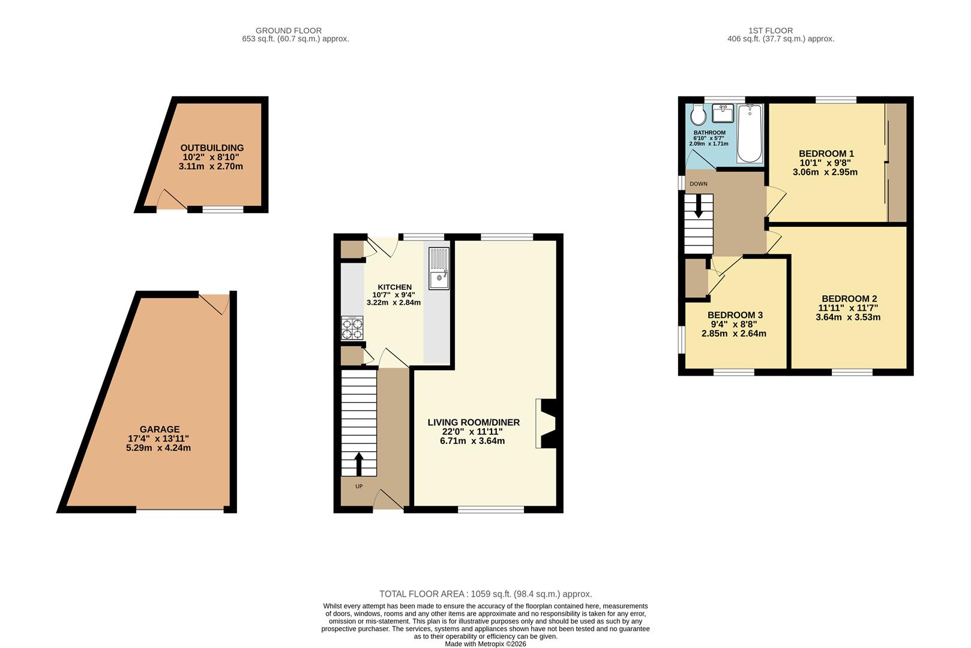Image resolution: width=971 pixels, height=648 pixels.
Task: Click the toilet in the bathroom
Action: coord(699,115)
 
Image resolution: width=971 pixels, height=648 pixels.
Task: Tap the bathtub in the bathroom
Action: coord(750,133)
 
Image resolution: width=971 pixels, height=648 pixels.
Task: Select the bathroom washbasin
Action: coord(723,113)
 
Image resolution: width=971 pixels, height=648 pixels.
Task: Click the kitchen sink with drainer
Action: coord(439,268)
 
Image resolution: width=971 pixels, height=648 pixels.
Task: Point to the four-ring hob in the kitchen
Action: coord(352,328)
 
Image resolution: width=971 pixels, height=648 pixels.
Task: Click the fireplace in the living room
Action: coord(546,424)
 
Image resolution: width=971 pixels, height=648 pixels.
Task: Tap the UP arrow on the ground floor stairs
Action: coord(359,464)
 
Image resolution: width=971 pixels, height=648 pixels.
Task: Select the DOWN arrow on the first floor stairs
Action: coord(699,206)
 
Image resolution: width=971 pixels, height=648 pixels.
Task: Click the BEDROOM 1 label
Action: coord(826,154)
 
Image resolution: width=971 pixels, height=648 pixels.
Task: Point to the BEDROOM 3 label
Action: coord(735,315)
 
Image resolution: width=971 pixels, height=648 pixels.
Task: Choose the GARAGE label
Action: coord(160,430)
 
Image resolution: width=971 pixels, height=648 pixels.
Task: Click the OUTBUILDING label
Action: coord(212,148)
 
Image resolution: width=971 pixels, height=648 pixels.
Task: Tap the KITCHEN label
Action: coord(394,287)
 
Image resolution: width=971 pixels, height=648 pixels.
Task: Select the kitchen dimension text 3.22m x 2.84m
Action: coord(394,302)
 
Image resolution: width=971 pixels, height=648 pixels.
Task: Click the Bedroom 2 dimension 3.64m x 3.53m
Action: coord(848,317)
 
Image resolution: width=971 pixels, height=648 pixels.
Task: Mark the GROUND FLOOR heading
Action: coord(289,31)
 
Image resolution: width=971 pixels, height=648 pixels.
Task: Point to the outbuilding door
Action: coord(172,200)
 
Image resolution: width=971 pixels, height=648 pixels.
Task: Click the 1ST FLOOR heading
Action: coord(771,31)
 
